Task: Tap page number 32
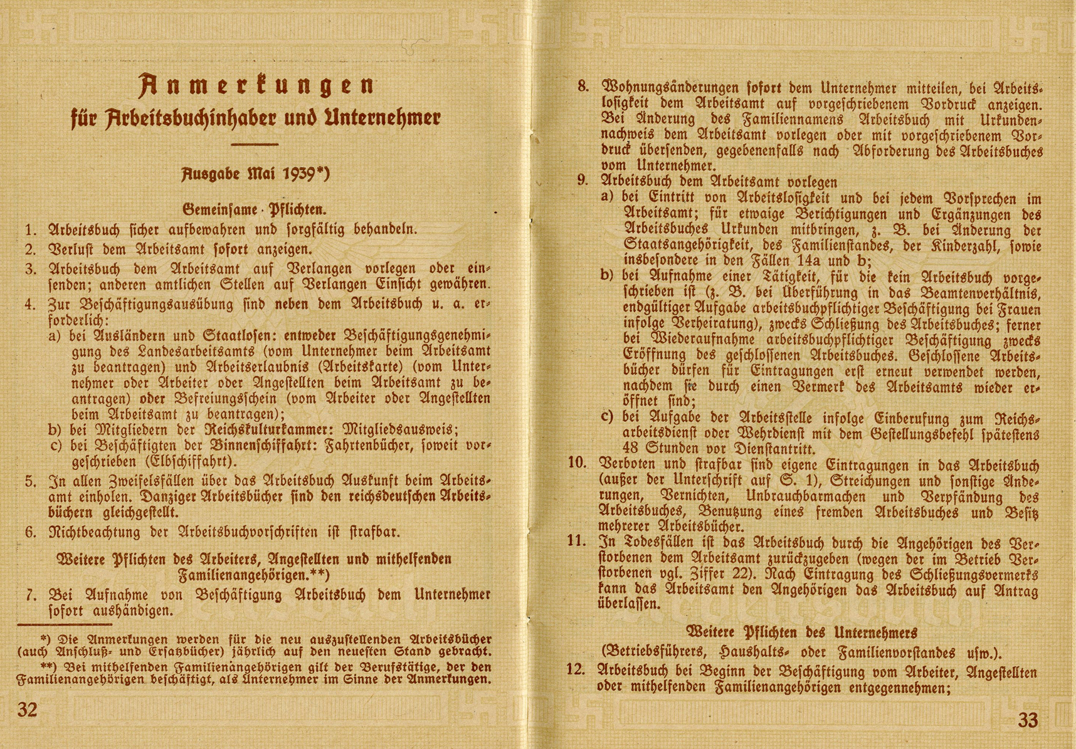(28, 710)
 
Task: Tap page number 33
(1028, 720)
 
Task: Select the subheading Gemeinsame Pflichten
(255, 209)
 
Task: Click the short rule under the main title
(255, 145)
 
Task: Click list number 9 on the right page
(583, 181)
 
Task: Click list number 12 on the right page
(576, 669)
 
